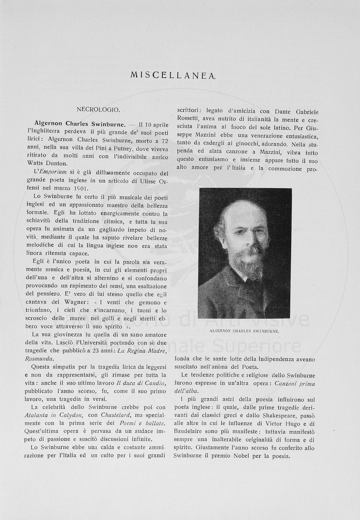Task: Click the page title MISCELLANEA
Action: coord(173,75)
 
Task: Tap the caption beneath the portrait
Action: coord(245,331)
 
